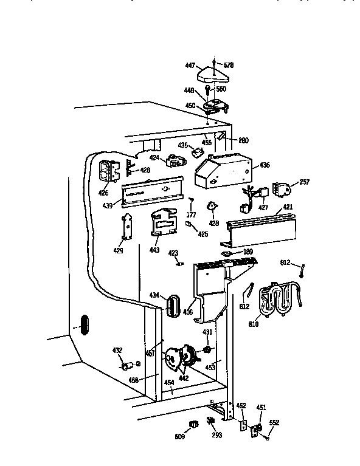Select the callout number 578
[228, 65]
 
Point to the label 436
[265, 165]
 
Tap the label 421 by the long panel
[287, 208]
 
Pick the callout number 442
[183, 378]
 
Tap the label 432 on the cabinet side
[117, 351]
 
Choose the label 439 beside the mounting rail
[108, 205]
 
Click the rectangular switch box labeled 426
[109, 171]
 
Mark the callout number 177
[192, 214]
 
